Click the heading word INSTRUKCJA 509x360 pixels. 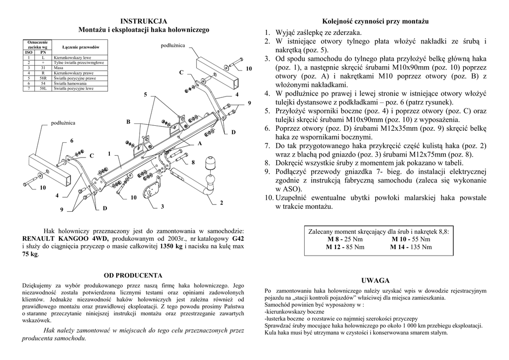[144, 21]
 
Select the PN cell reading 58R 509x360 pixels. [43, 78]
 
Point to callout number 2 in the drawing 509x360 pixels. [221, 203]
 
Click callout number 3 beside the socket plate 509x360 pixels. [162, 207]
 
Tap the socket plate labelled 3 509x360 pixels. [151, 191]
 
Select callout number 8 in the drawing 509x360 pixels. [193, 163]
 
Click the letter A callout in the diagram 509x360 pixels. [200, 143]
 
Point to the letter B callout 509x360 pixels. [128, 122]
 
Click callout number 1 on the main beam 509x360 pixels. [109, 154]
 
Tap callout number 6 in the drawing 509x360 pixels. [72, 141]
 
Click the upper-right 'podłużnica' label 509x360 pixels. [172, 46]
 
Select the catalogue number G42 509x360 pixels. [238, 238]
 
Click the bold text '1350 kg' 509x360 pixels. [171, 246]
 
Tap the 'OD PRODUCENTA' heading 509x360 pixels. [133, 275]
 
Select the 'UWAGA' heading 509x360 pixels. [375, 280]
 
